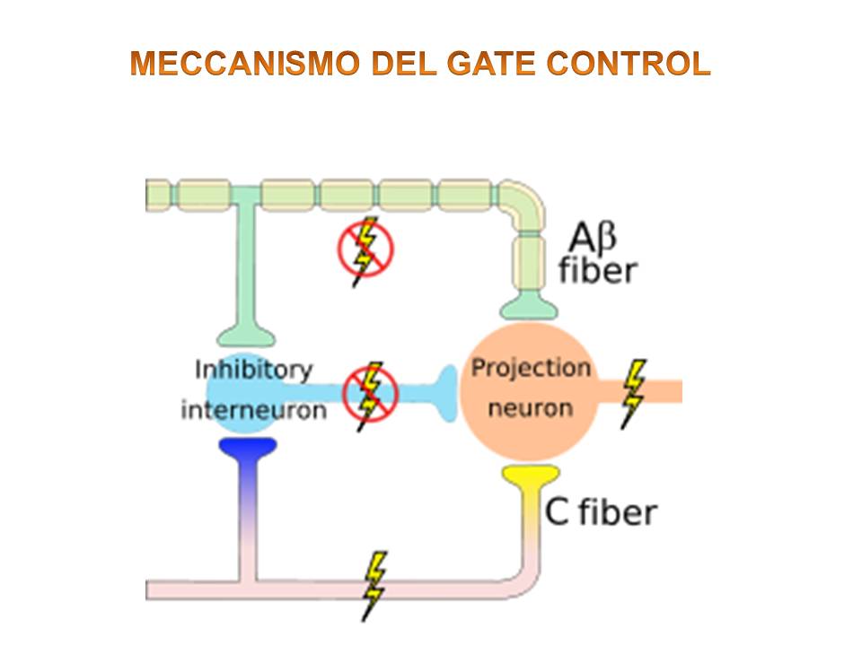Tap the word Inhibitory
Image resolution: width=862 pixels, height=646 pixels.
pyautogui.click(x=253, y=369)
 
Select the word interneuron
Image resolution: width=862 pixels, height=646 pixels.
pyautogui.click(x=253, y=410)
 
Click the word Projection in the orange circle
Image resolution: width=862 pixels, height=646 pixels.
pyautogui.click(x=532, y=368)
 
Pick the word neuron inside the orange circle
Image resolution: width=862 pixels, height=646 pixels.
pyautogui.click(x=532, y=407)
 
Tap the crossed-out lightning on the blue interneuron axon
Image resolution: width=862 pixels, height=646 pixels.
pyautogui.click(x=369, y=395)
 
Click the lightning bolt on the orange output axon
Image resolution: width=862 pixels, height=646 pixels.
pyautogui.click(x=634, y=392)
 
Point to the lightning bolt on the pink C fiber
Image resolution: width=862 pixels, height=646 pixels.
pyautogui.click(x=374, y=584)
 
